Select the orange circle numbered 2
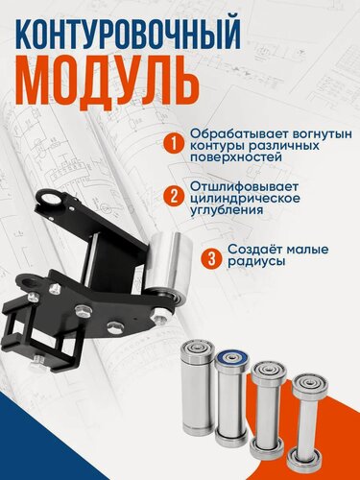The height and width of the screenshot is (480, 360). pos(173,198)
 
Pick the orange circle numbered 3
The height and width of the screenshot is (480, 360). pos(210,258)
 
